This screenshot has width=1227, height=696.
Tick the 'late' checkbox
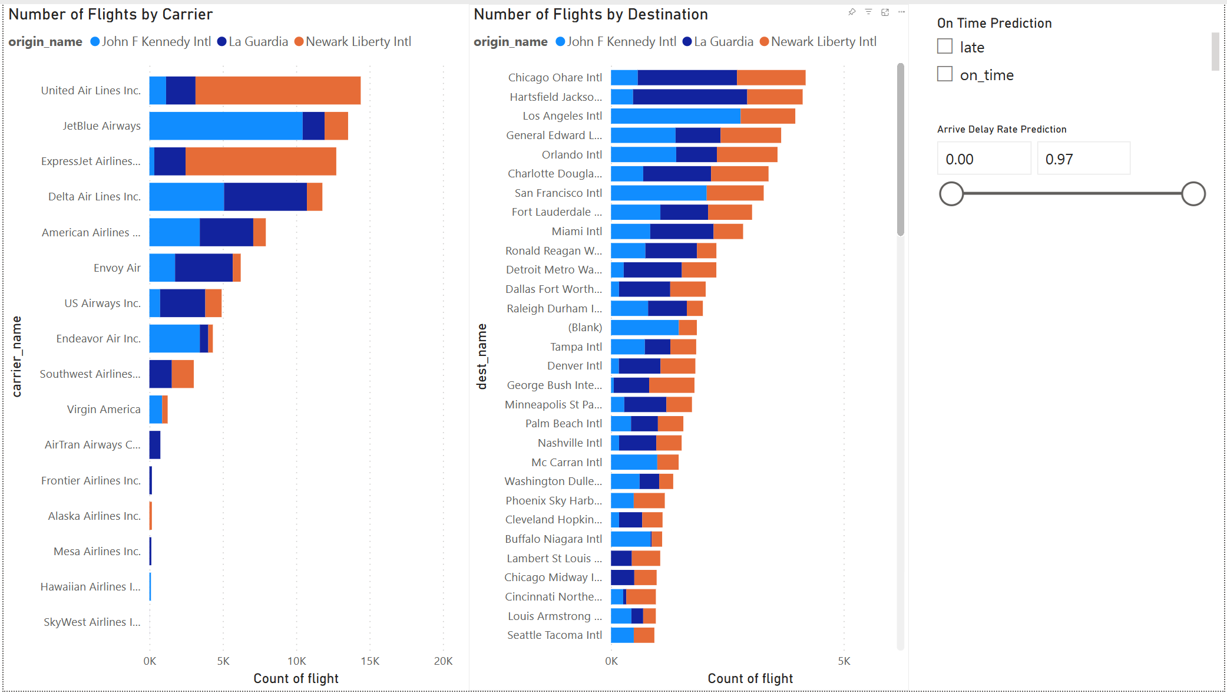pos(945,47)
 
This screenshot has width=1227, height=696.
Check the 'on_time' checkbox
pos(945,74)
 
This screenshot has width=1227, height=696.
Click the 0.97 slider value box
pos(1083,159)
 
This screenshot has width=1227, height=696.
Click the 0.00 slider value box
pos(983,159)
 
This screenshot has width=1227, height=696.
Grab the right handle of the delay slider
pos(1193,194)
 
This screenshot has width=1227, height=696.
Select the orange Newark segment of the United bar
pos(277,91)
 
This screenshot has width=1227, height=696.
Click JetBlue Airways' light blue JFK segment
pos(226,126)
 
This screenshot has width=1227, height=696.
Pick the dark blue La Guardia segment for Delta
pos(265,197)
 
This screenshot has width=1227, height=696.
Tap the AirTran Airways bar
pos(155,445)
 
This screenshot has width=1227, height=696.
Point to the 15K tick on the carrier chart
pos(370,661)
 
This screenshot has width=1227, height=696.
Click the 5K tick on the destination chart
pos(844,661)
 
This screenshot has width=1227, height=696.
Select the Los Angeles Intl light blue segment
pos(675,116)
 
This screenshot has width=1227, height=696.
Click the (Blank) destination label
pos(585,328)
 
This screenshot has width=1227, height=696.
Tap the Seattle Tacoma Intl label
pos(554,635)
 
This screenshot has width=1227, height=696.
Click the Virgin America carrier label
pos(104,410)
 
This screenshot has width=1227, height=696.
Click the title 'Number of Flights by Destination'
pos(591,15)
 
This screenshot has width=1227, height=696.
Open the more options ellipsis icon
pos(901,12)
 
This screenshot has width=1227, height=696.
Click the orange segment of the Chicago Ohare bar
pos(771,78)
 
